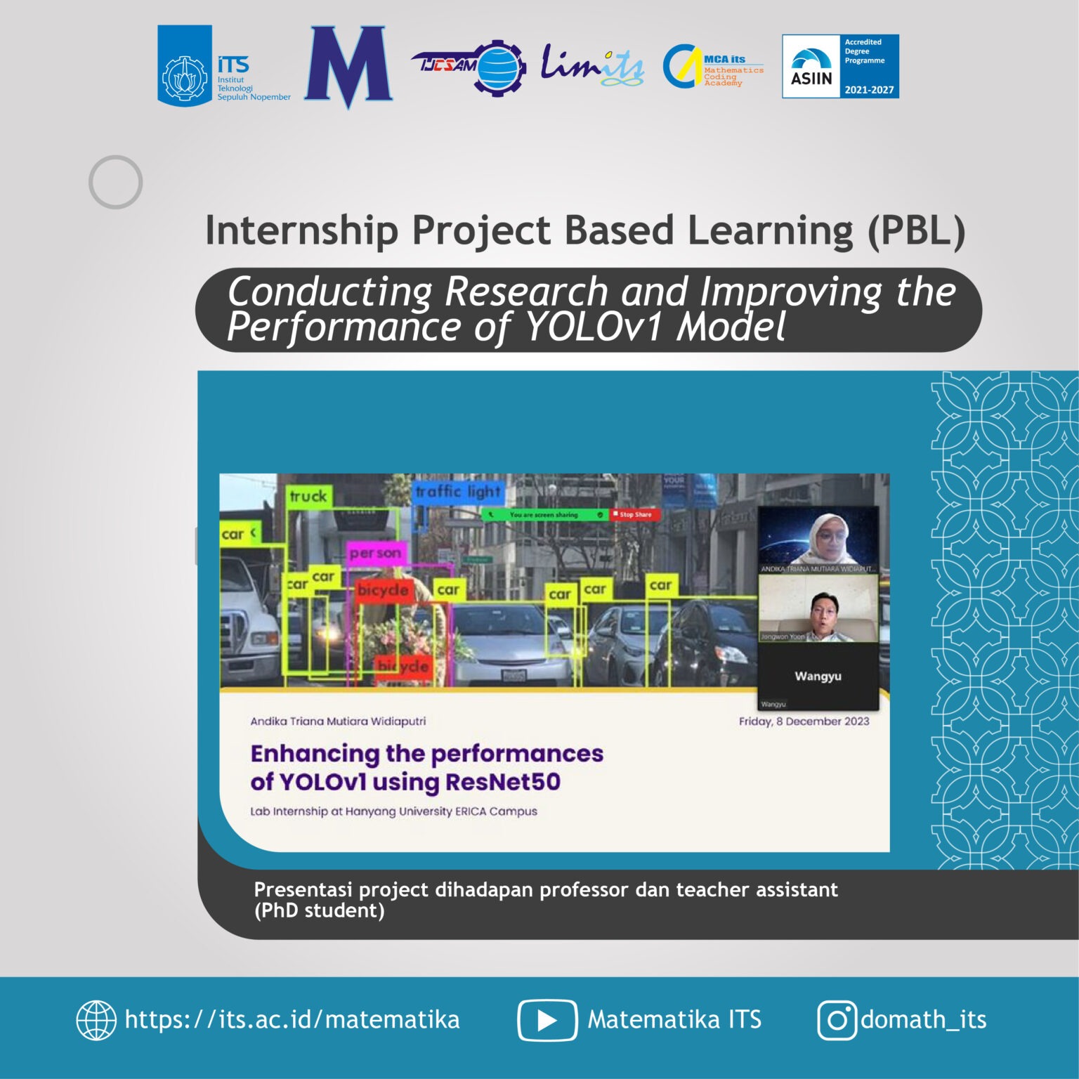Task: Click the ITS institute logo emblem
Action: pos(185,66)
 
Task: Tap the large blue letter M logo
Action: pos(348,67)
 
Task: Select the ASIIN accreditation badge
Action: pos(840,67)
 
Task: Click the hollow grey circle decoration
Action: pos(115,182)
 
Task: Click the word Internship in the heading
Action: pos(302,230)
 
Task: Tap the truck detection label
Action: pos(308,497)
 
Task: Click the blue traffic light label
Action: pos(458,492)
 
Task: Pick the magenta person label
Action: pos(375,554)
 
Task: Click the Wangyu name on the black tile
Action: pos(818,676)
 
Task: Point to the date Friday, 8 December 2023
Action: pos(804,721)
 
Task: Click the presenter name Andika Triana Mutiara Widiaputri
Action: pos(338,721)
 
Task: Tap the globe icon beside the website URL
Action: pos(96,1020)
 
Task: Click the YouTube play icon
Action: pos(547,1020)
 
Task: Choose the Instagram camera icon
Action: pos(837,1020)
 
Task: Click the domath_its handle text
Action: pos(923,1020)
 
